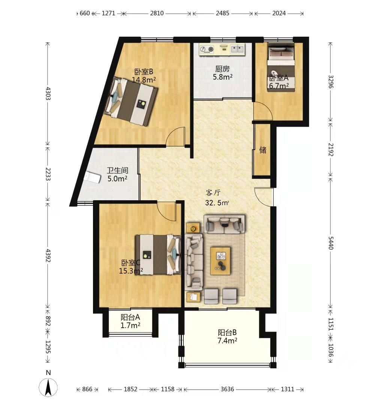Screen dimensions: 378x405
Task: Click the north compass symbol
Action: click(48, 387)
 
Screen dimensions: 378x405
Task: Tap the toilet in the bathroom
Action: click(93, 177)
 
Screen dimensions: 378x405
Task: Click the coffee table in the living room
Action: click(220, 261)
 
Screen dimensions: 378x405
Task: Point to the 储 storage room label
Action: click(263, 150)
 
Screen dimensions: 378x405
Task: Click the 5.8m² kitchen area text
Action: click(222, 77)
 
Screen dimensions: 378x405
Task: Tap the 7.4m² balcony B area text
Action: click(227, 340)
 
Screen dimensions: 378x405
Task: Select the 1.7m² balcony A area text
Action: click(130, 325)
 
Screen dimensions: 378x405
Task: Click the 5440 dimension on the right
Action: click(331, 243)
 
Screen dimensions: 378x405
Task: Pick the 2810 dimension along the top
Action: click(157, 13)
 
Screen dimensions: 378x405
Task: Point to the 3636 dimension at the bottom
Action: click(227, 389)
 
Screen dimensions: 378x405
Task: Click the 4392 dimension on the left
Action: click(48, 255)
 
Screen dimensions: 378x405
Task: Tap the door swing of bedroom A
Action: click(263, 111)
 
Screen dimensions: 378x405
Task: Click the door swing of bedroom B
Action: click(176, 136)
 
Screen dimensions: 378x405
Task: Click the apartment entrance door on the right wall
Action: click(264, 197)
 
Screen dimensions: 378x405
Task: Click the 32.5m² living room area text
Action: click(217, 203)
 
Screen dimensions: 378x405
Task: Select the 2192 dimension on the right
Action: click(331, 150)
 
